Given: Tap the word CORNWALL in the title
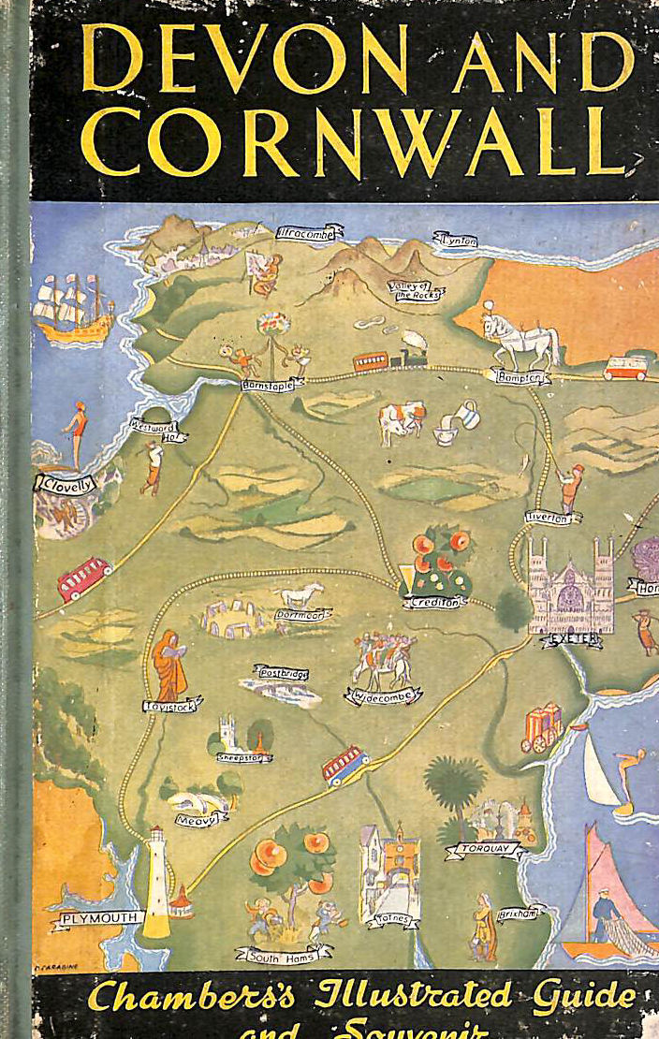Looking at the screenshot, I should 351,141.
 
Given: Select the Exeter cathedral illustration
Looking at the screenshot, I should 570,584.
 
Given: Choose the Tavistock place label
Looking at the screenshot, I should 169,707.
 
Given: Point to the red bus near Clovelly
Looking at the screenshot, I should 84,578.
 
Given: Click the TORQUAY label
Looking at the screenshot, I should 484,849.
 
